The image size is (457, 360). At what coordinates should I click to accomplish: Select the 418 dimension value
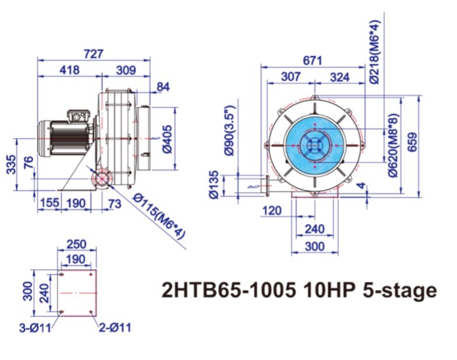click(69, 70)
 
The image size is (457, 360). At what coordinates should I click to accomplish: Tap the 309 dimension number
click(126, 70)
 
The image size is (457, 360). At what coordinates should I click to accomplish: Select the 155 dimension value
click(50, 203)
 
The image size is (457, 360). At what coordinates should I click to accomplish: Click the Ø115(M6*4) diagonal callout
click(158, 215)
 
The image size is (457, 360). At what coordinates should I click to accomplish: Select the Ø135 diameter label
click(214, 185)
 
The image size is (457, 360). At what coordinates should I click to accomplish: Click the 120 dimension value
click(272, 210)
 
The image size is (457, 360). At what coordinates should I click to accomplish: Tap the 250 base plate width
click(76, 244)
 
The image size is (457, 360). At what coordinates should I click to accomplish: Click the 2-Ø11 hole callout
click(114, 327)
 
